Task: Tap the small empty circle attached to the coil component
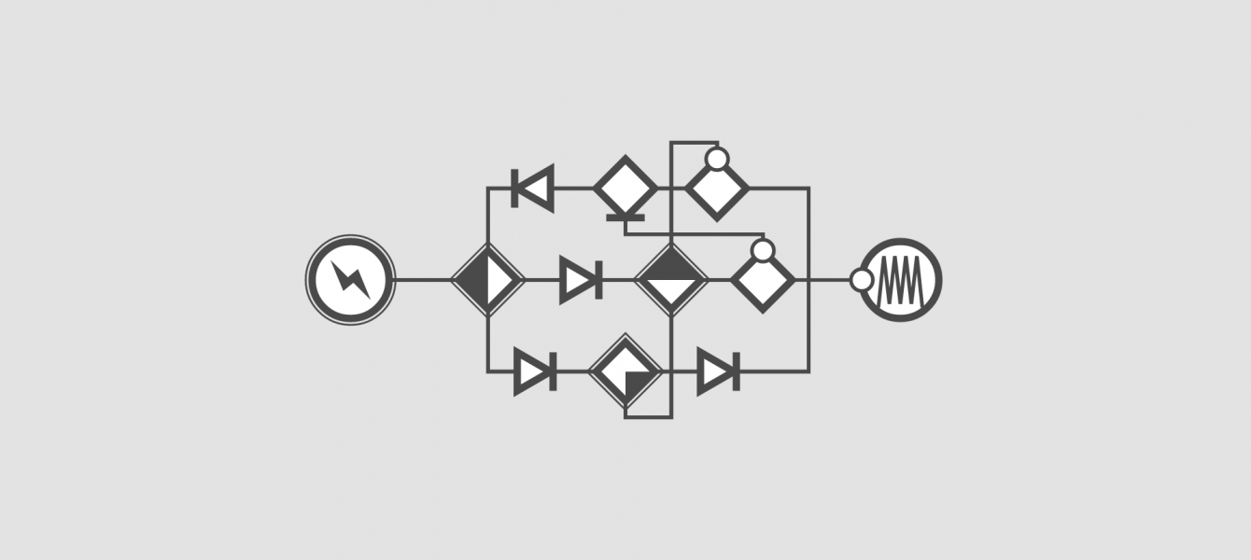862,280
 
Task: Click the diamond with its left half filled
487,279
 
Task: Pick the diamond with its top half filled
671,279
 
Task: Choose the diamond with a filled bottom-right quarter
625,371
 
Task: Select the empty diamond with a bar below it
625,188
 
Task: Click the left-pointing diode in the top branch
534,188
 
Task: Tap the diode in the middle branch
581,279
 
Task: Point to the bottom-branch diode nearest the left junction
535,371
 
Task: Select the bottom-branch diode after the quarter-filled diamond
718,371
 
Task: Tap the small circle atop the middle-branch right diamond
763,250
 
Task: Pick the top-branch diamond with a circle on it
717,190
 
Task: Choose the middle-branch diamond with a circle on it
763,281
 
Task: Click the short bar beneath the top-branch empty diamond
625,218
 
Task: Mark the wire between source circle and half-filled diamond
423,279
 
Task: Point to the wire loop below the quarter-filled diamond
649,416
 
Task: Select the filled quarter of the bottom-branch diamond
638,384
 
